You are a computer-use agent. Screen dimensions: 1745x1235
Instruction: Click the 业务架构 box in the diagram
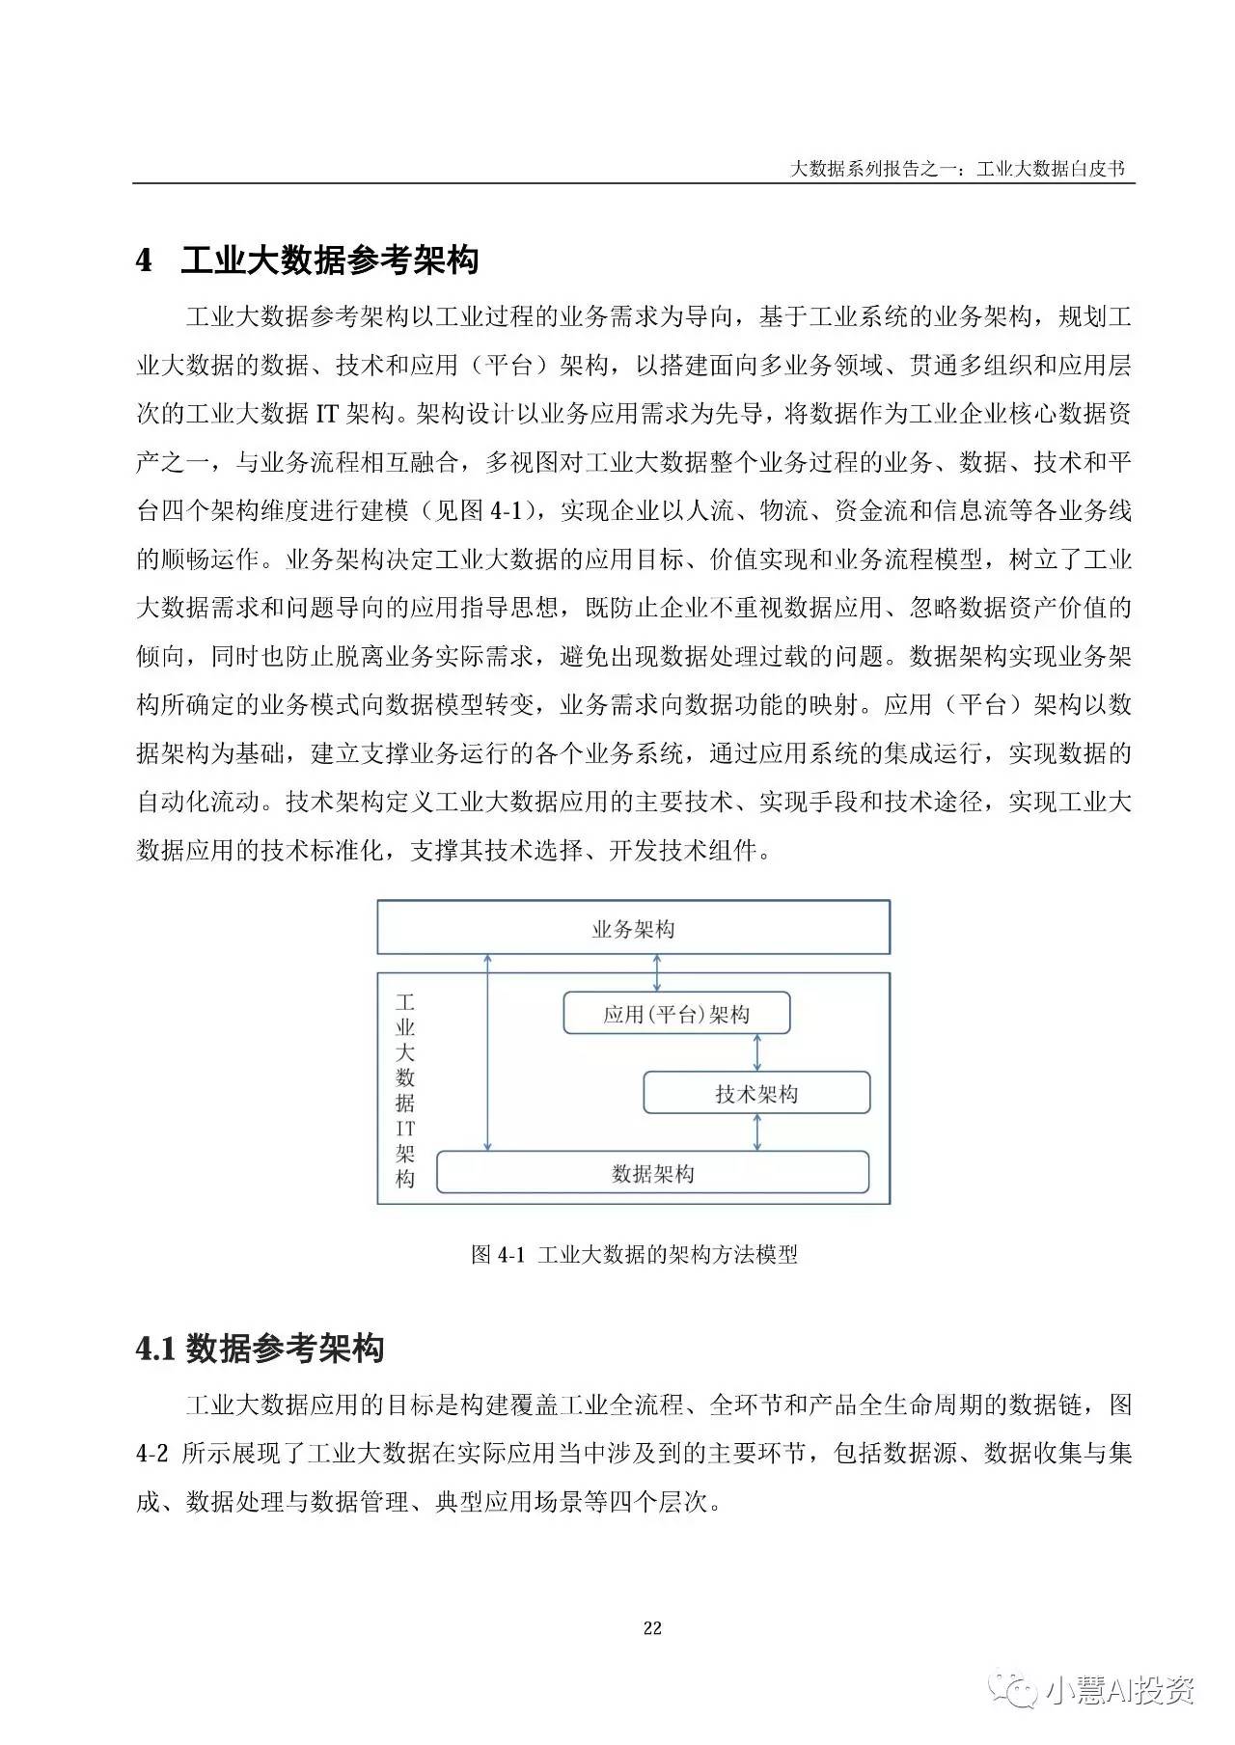pos(633,928)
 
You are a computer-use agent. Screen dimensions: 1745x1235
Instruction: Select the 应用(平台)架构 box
pos(675,1014)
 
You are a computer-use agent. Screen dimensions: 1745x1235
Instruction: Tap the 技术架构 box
pos(756,1094)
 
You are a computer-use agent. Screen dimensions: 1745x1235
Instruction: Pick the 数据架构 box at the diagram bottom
pos(652,1173)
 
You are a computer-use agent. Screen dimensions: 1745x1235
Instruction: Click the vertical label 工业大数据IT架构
pos(405,1090)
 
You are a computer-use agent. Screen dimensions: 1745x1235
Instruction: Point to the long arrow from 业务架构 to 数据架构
pos(488,1051)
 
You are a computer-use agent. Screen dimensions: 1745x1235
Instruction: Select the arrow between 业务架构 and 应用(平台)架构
pos(657,972)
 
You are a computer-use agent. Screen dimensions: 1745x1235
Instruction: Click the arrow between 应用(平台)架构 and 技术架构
pos(756,1052)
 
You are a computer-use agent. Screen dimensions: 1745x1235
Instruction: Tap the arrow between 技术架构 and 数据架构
pos(756,1132)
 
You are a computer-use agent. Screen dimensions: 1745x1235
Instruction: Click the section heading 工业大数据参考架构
pos(329,260)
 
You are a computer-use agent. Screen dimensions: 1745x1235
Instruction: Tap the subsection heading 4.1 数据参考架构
pos(260,1348)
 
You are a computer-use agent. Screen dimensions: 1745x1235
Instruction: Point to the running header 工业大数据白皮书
pos(1050,169)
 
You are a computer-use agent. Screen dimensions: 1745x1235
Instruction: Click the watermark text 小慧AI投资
pos(1119,1690)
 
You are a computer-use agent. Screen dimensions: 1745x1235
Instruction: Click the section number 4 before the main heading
pos(144,260)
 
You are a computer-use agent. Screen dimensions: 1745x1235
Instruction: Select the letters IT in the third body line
pos(327,414)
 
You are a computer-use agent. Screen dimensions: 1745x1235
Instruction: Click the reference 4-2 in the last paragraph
pos(152,1453)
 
